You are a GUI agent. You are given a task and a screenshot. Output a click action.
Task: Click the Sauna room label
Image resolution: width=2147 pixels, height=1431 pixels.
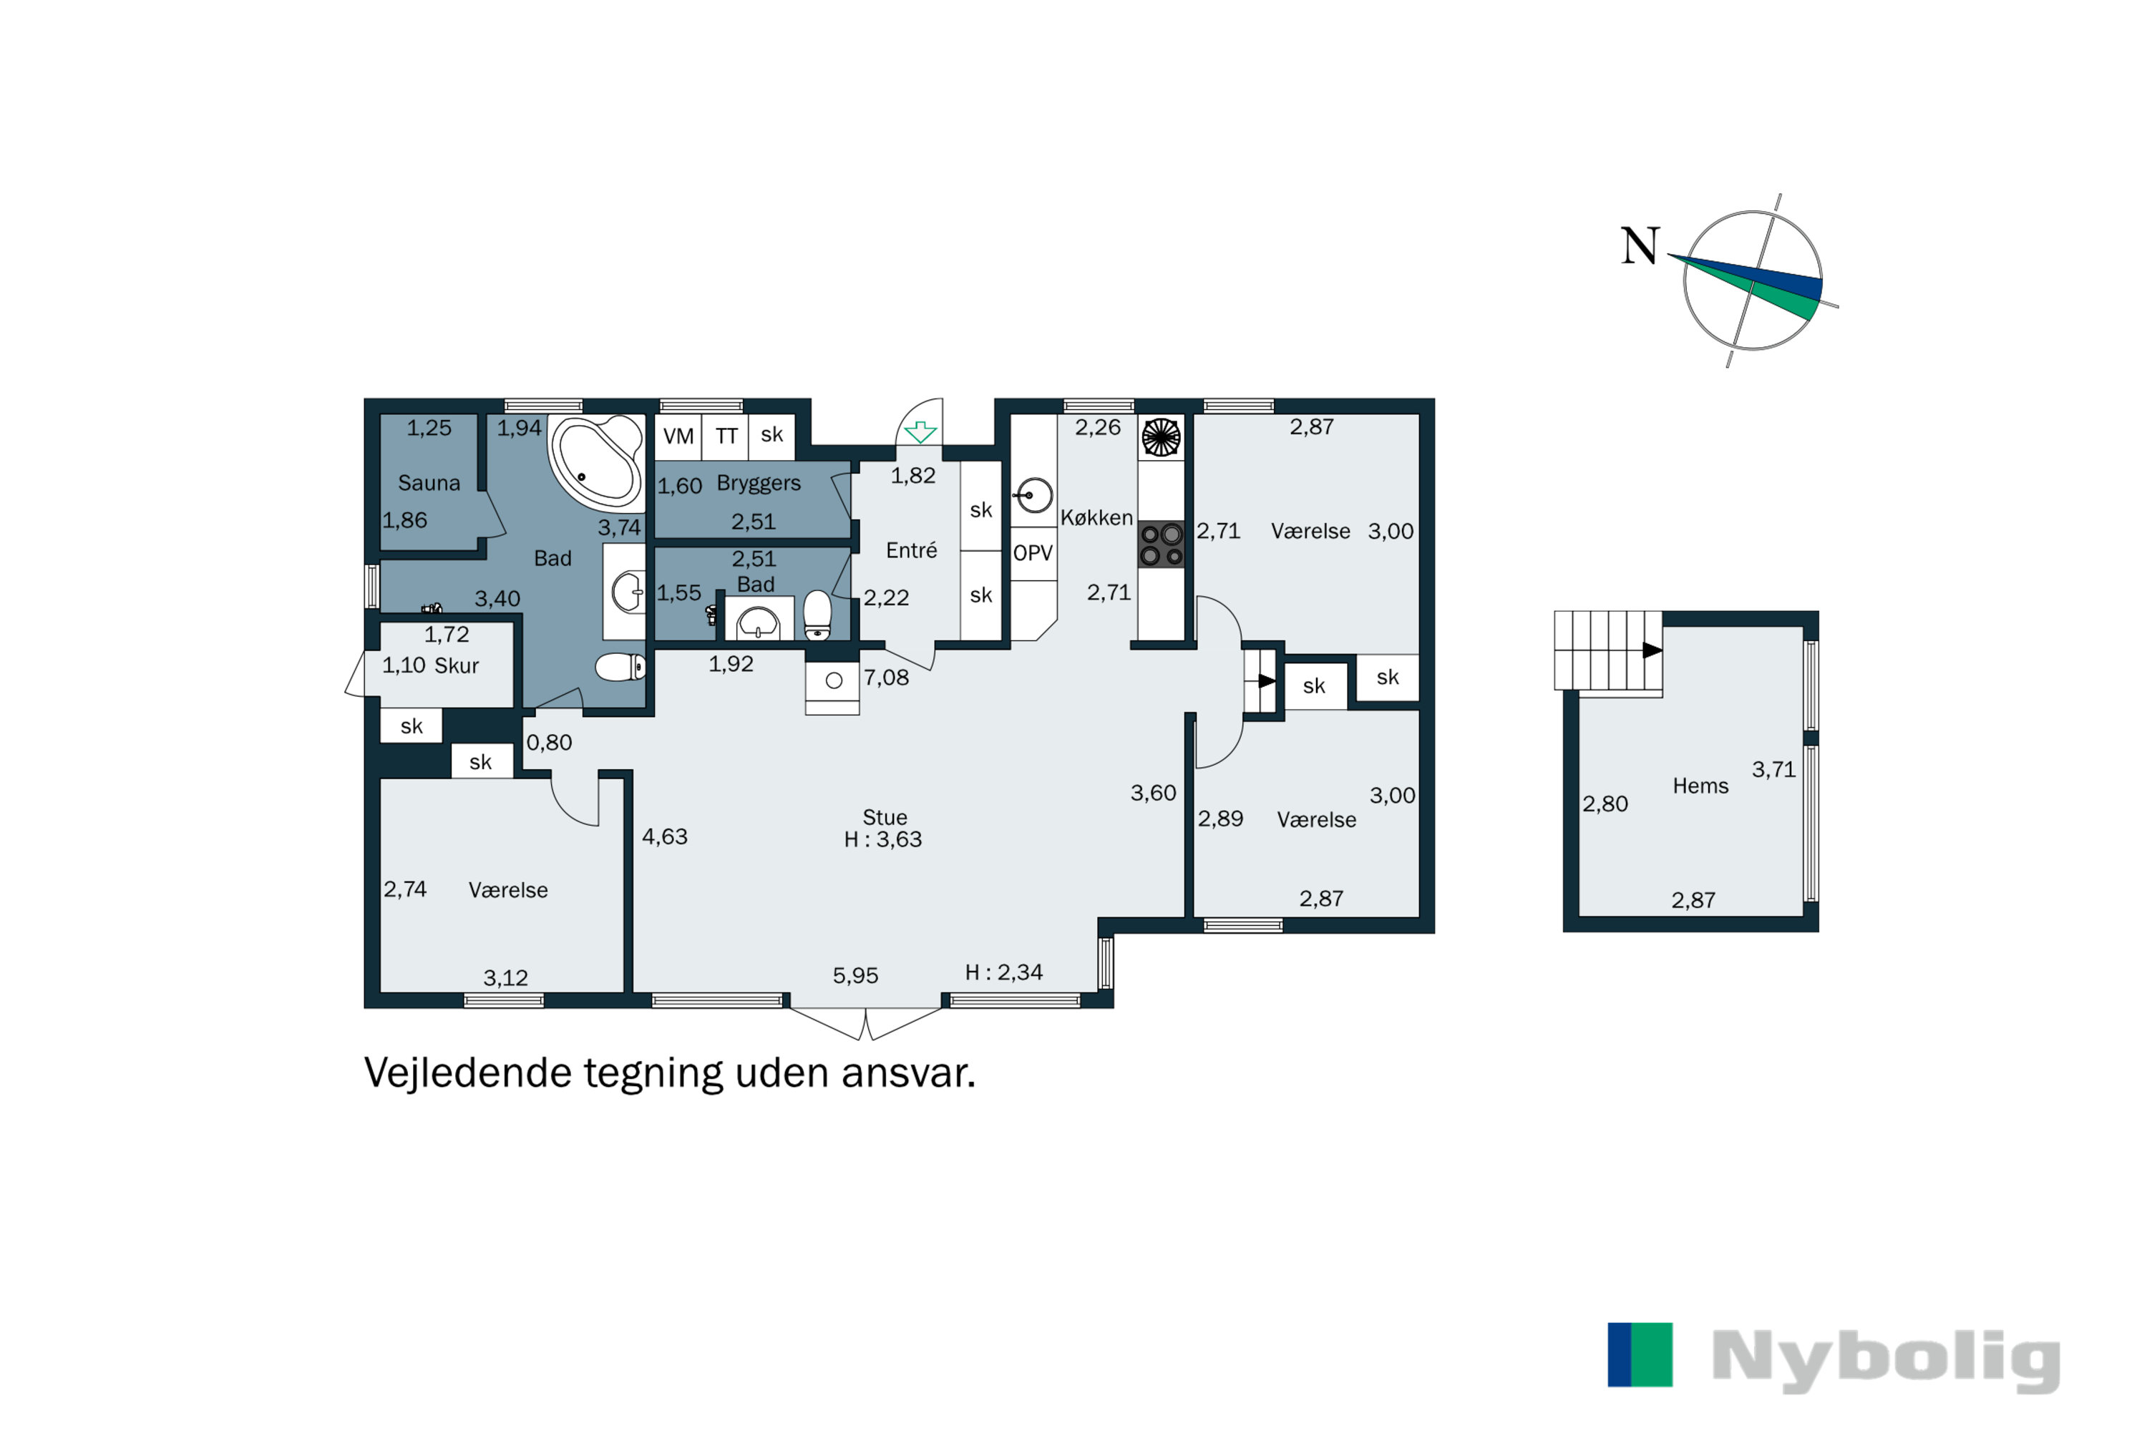coord(429,483)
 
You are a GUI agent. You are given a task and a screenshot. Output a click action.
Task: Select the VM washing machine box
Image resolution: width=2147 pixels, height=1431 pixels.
coord(678,436)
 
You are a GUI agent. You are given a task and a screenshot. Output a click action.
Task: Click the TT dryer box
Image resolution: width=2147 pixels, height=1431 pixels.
coord(726,436)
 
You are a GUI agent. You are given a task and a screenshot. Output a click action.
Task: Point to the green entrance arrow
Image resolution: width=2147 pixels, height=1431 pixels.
coord(920,431)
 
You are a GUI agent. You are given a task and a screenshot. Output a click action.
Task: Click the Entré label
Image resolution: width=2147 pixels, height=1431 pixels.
coord(911,550)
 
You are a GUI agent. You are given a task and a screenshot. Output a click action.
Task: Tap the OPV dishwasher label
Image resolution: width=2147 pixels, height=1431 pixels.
coord(1033,553)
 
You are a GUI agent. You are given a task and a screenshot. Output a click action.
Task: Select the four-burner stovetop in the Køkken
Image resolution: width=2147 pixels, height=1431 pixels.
coord(1161,544)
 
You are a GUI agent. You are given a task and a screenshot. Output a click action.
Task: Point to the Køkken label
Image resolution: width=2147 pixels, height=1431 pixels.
coord(1096,517)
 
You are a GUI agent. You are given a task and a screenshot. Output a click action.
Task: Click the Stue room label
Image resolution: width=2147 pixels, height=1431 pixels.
coord(885,818)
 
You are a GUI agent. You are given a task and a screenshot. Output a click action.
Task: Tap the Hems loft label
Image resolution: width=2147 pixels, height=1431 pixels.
coord(1700,786)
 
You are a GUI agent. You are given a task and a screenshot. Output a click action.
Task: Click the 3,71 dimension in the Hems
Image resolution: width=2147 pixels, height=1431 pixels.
coord(1773,769)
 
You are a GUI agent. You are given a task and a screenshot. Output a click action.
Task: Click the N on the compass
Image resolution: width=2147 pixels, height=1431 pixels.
coord(1640,245)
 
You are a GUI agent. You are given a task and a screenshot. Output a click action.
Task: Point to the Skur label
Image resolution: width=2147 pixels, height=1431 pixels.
coord(457,665)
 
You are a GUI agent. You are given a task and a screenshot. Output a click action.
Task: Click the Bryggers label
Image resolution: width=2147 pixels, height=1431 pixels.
coord(759,483)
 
